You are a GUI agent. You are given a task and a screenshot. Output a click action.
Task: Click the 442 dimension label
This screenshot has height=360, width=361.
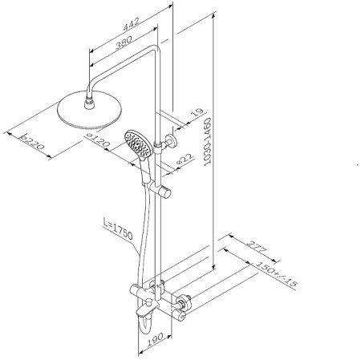132,24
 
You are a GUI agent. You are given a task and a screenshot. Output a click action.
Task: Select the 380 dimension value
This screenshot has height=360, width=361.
124,42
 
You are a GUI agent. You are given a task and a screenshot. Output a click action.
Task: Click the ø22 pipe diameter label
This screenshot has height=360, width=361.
185,159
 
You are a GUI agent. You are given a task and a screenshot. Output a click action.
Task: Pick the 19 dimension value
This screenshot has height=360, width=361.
197,112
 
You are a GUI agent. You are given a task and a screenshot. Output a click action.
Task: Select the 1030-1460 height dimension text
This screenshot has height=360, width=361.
208,142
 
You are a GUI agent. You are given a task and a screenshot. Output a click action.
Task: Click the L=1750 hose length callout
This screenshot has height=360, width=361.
118,229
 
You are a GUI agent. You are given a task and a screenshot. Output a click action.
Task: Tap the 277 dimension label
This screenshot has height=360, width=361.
257,248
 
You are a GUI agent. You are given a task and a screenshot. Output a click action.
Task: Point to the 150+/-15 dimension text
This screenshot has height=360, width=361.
277,274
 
